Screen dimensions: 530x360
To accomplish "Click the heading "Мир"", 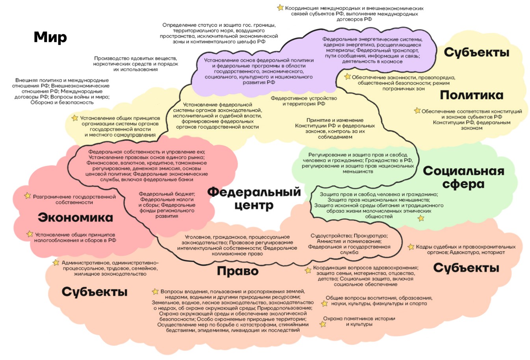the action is click(50, 37).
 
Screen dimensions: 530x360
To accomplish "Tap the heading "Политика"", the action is click(472, 95).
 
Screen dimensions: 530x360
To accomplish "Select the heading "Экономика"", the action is click(75, 218).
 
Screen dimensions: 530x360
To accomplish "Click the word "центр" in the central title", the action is click(254, 205).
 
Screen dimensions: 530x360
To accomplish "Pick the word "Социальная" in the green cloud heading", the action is click(463, 171).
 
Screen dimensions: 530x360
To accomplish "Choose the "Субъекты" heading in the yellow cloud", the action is click(476, 52).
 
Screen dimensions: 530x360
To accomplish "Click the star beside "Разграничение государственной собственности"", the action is click(28, 196).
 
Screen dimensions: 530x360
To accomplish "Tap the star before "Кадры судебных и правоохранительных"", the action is click(411, 247).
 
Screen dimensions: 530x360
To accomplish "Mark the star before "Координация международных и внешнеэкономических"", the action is click(280, 7).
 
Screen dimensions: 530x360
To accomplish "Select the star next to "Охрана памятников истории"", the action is click(323, 324).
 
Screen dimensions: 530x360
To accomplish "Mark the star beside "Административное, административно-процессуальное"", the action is click(56, 263).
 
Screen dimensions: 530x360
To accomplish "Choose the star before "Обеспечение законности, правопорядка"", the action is click(347, 76).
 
